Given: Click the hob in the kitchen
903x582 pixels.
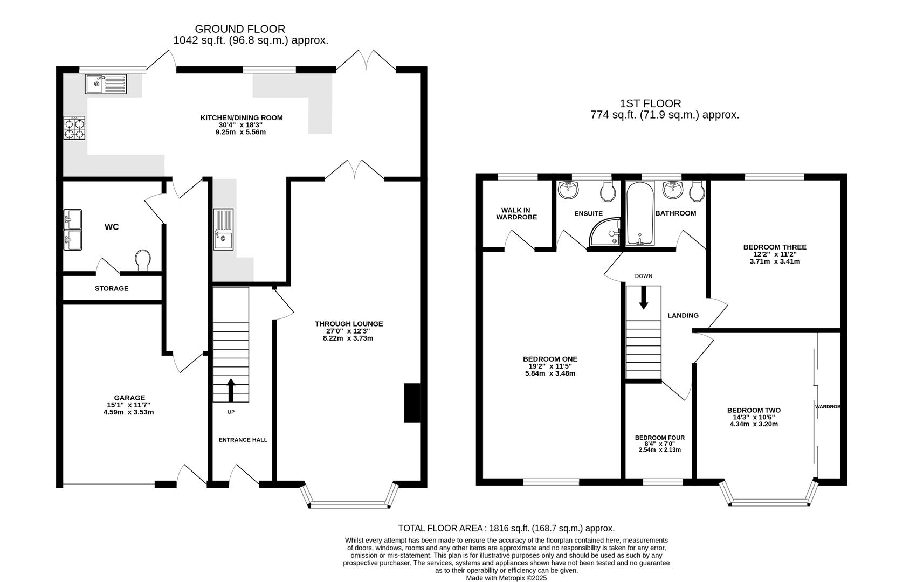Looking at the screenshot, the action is pyautogui.click(x=74, y=128).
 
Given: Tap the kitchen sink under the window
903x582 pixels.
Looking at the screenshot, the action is pyautogui.click(x=106, y=84).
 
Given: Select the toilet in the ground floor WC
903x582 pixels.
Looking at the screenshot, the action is pyautogui.click(x=143, y=260).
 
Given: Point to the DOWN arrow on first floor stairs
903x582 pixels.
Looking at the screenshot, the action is pyautogui.click(x=643, y=297).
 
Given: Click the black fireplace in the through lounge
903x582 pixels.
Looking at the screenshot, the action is pyautogui.click(x=412, y=403).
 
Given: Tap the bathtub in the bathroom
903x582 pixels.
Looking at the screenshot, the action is pyautogui.click(x=640, y=213).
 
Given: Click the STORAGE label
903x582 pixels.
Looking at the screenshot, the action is pyautogui.click(x=112, y=289).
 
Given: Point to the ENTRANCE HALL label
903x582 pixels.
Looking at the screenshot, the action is pyautogui.click(x=243, y=440).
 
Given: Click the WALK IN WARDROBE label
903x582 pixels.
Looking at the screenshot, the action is pyautogui.click(x=516, y=213).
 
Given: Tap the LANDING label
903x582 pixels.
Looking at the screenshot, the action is pyautogui.click(x=683, y=316).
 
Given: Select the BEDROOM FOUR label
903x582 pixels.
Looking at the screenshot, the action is pyautogui.click(x=659, y=438).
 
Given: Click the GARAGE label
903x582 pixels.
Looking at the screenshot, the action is pyautogui.click(x=129, y=398).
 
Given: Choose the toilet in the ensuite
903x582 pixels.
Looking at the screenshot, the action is pyautogui.click(x=608, y=191).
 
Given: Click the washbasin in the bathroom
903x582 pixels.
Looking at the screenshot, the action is pyautogui.click(x=672, y=190).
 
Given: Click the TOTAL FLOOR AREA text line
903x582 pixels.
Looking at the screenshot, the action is pyautogui.click(x=506, y=528).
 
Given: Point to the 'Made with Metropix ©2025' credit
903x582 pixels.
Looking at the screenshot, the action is pyautogui.click(x=506, y=578).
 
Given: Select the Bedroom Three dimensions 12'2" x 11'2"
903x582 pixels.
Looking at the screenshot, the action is pyautogui.click(x=775, y=254).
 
